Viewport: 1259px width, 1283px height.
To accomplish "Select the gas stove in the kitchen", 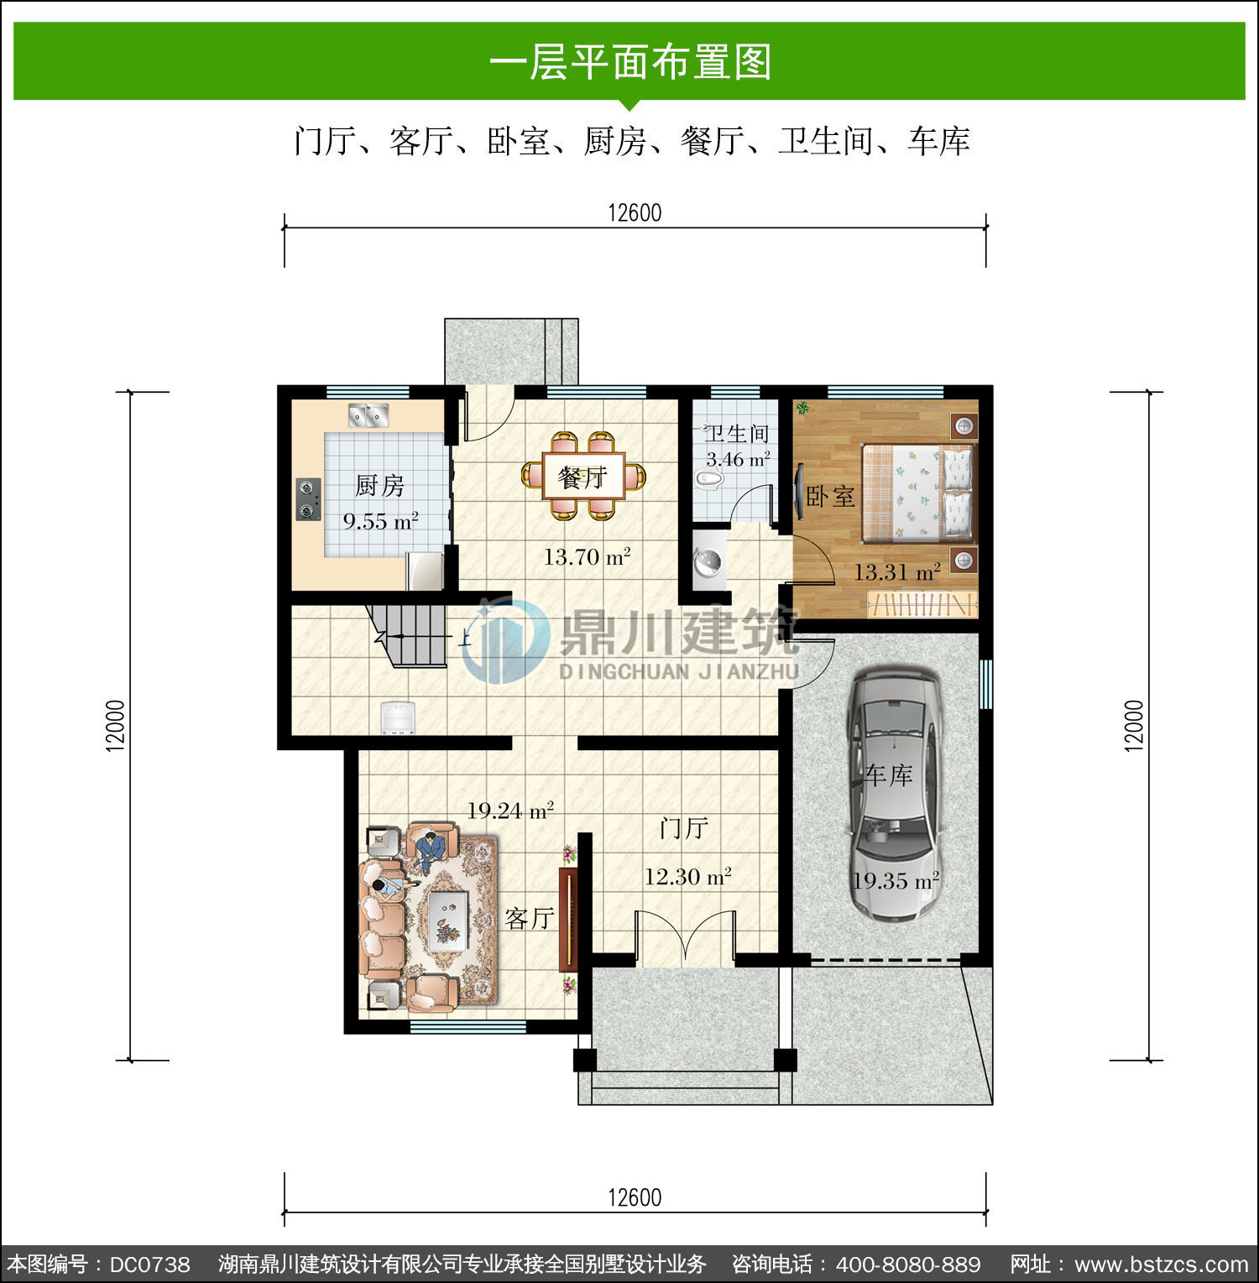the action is [309, 498].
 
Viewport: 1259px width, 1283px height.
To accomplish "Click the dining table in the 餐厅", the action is [584, 476].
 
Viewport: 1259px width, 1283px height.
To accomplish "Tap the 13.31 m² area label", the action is [896, 572].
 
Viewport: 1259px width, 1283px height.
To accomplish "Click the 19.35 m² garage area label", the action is [896, 881].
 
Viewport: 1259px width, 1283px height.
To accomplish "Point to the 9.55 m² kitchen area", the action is [380, 521].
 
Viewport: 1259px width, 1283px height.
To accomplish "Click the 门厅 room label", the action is [684, 828].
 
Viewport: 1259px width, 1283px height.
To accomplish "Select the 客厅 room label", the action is [529, 919].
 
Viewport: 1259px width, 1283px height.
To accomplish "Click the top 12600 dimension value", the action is [635, 213].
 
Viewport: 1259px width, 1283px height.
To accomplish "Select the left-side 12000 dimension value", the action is [116, 726].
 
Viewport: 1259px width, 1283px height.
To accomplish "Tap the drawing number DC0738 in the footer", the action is [150, 1265].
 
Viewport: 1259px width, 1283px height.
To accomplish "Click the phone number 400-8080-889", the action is [908, 1265].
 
